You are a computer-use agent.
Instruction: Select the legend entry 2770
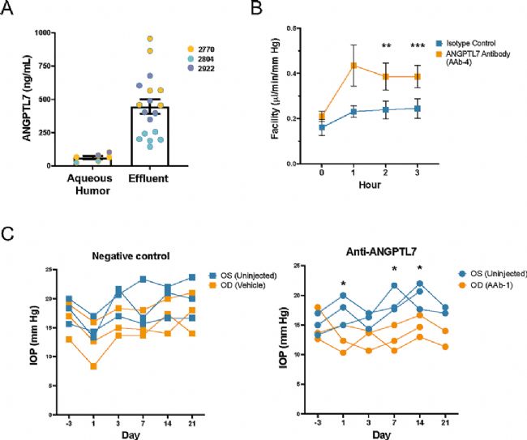[217, 49]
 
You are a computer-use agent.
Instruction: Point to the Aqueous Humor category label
[92, 186]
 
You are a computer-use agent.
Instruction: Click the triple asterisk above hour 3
[418, 45]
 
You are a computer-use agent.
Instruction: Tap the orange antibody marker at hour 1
[353, 66]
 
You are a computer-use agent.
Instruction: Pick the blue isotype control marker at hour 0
[323, 127]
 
